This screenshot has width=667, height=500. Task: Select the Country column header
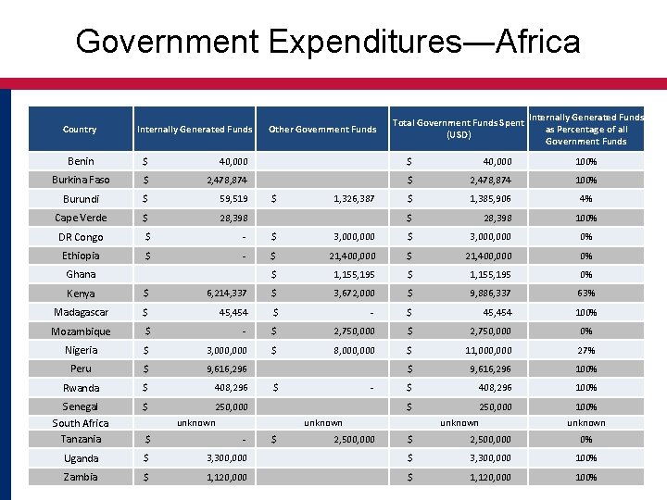[80, 130]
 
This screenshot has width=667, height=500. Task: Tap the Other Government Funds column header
[322, 130]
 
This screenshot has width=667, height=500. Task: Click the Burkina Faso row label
[81, 180]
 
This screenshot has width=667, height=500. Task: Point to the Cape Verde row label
[81, 218]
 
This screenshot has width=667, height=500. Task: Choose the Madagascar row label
[81, 312]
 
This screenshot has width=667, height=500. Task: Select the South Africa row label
[81, 423]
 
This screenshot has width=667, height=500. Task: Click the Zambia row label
[81, 477]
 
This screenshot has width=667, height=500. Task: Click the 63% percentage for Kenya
[585, 294]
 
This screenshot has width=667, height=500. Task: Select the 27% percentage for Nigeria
[585, 350]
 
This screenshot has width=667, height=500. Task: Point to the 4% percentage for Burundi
[585, 199]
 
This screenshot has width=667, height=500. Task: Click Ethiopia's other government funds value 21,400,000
[351, 256]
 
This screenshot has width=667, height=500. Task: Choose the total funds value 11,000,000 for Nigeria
[488, 350]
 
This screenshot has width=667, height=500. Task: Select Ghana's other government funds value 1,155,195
[355, 274]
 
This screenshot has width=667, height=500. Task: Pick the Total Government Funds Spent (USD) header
[459, 129]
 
